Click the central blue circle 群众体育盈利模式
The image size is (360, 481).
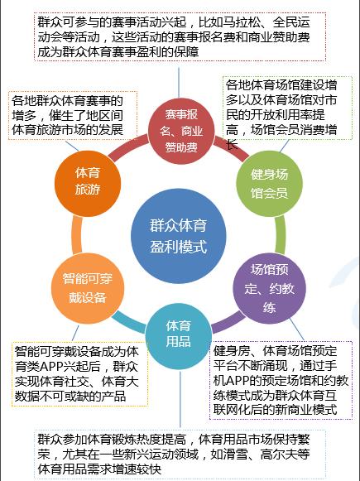pyautogui.click(x=179, y=236)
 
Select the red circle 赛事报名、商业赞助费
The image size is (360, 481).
pyautogui.click(x=181, y=131)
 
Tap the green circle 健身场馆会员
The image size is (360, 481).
pyautogui.click(x=269, y=184)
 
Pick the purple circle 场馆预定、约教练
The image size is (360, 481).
pyautogui.click(x=269, y=288)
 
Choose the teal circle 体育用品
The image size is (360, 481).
pyautogui.click(x=179, y=336)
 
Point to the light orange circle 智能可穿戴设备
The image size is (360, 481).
pyautogui.click(x=88, y=288)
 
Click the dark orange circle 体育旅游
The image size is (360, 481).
pyautogui.click(x=88, y=184)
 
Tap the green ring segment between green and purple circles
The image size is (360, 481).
pyautogui.click(x=281, y=234)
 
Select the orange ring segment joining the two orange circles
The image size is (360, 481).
pyautogui.click(x=77, y=234)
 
